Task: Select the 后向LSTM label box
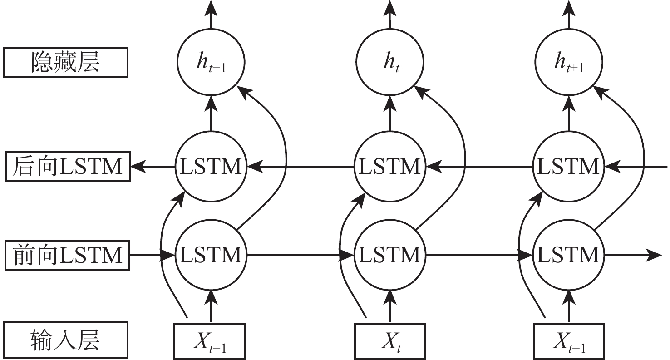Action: (x=65, y=167)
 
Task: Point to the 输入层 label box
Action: (x=65, y=340)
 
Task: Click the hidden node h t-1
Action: (x=210, y=64)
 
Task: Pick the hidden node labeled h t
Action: (x=389, y=64)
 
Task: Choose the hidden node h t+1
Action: (x=567, y=64)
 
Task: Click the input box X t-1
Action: (x=210, y=340)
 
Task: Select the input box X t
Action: (x=389, y=340)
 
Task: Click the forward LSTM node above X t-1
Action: (x=210, y=255)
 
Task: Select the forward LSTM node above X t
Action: (x=389, y=255)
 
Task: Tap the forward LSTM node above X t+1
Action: (x=567, y=255)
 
